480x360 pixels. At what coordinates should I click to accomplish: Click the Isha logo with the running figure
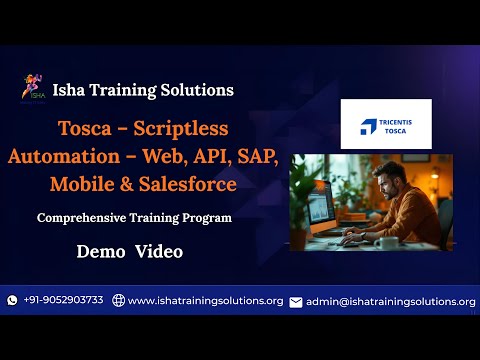[x=33, y=89]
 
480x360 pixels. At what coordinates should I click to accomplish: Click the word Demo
[x=98, y=252]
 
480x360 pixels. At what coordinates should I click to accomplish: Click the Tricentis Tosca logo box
[x=385, y=124]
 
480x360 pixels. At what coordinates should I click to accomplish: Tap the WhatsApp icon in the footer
[x=12, y=300]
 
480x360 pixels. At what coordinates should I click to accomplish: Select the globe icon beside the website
[x=118, y=300]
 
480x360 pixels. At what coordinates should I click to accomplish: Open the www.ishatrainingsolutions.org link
[x=205, y=300]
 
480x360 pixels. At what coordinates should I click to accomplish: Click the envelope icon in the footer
[x=295, y=301]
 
